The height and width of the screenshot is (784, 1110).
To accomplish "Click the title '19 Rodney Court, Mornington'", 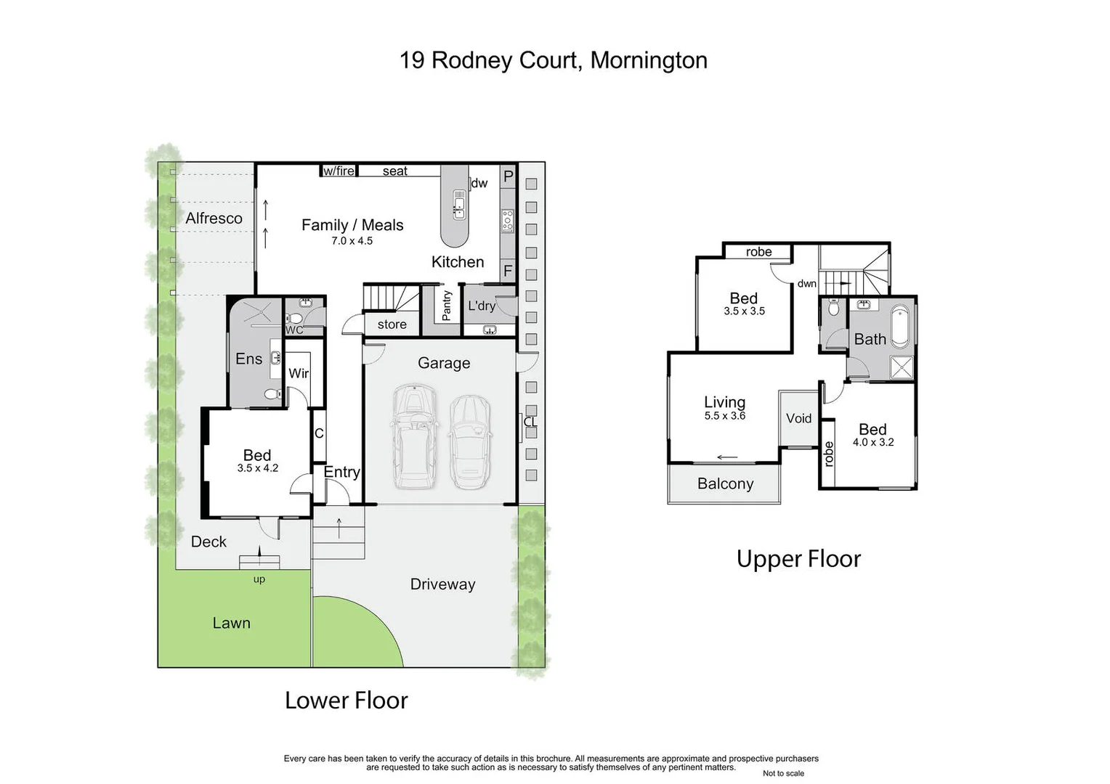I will (x=553, y=60).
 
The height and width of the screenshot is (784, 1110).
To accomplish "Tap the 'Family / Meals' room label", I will (x=352, y=225).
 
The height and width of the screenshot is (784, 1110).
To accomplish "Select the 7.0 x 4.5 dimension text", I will (x=352, y=241).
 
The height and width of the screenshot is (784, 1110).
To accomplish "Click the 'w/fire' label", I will (x=339, y=171).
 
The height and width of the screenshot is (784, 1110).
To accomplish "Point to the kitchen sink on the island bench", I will (x=459, y=205).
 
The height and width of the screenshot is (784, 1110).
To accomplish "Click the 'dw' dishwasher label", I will (x=479, y=184).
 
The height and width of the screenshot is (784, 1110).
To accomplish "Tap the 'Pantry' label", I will (x=447, y=306).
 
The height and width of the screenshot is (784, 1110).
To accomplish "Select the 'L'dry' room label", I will (x=482, y=306).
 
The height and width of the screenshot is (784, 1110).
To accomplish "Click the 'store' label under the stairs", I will (x=392, y=324).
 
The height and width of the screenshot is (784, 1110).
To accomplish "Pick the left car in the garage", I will (x=414, y=437).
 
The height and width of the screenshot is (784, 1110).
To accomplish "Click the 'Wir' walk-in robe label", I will (x=299, y=373).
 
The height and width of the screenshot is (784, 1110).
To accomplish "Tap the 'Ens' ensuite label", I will (x=248, y=359).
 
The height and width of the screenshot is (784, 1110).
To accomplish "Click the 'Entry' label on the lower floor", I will (x=341, y=472).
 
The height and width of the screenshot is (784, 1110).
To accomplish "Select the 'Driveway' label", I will (x=442, y=584).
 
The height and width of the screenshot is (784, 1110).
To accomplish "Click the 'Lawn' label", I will (x=231, y=623).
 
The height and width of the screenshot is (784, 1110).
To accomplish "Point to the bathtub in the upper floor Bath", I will (x=900, y=327).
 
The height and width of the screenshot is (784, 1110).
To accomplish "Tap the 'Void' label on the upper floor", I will (x=798, y=418).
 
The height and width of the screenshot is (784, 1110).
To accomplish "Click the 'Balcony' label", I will (x=725, y=484).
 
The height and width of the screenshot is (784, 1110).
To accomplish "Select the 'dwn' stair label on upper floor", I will (x=806, y=284).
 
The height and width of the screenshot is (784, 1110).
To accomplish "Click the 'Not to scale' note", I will (x=783, y=774).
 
